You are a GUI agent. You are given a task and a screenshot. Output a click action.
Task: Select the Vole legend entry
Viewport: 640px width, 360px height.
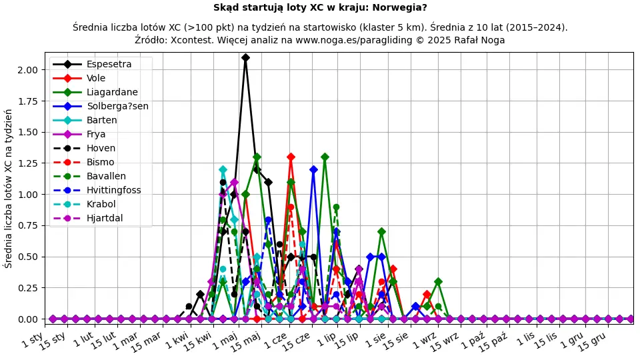point(96,79)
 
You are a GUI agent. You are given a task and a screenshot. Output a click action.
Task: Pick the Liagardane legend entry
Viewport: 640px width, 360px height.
point(112,93)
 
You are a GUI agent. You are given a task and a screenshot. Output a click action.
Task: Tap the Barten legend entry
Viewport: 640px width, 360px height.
point(101,121)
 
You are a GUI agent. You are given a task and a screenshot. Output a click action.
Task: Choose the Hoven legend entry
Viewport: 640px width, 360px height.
point(101,149)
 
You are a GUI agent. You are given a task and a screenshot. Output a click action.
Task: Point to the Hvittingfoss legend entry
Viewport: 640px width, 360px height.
point(113,191)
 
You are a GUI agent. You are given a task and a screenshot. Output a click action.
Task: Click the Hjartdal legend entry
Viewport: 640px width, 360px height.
point(105,219)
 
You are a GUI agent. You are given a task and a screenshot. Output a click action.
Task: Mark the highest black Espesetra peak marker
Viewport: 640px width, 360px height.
point(245,57)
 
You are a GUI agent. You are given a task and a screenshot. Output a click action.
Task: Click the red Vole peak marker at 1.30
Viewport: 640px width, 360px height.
point(291,157)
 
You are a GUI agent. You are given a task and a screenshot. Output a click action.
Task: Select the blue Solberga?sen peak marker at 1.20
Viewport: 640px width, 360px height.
point(313,169)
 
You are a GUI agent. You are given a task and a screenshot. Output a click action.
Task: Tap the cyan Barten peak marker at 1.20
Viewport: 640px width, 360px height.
point(223,169)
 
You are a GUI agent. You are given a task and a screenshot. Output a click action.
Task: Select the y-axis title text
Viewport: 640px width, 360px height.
point(9,188)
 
